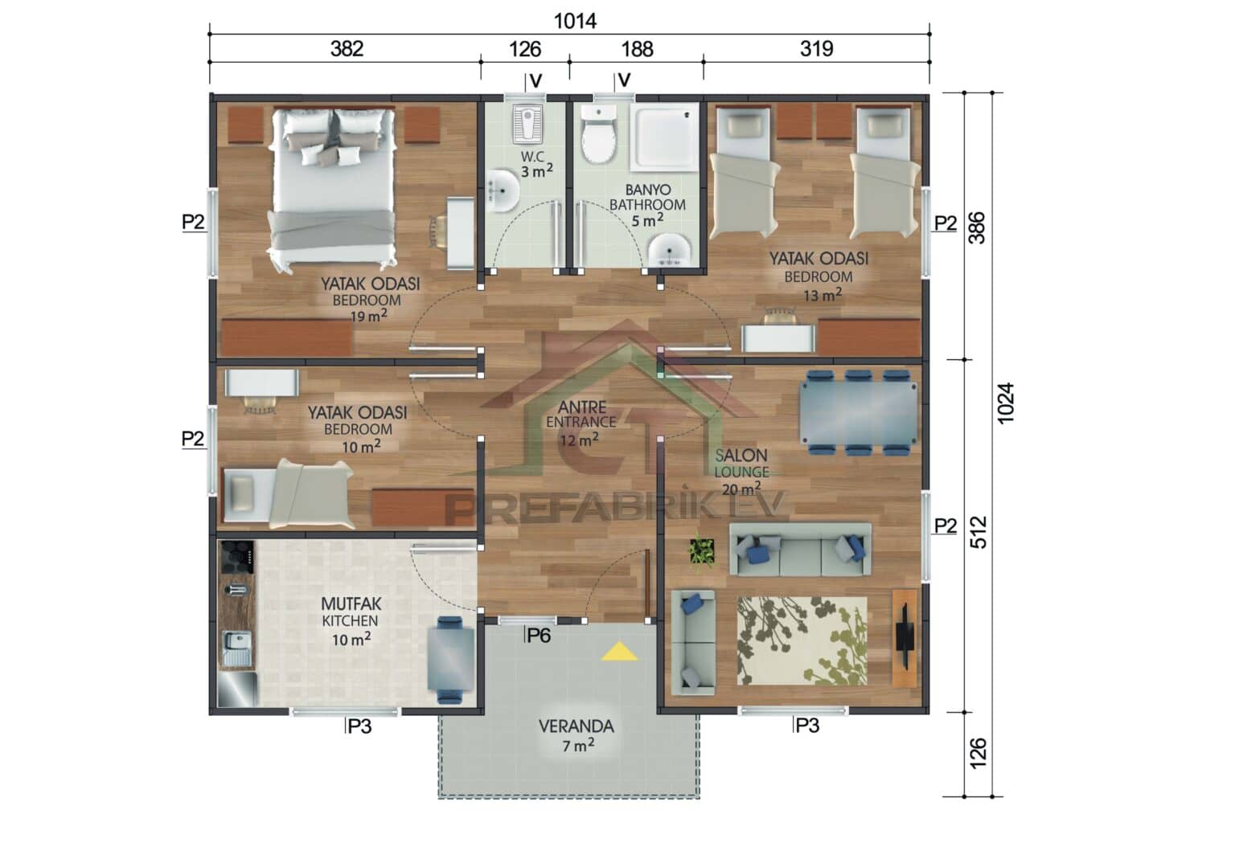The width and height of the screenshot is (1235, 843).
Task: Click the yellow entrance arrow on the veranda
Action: (x=619, y=651)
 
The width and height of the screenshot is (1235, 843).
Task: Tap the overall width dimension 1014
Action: (x=575, y=21)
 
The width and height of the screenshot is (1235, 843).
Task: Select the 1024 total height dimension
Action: (x=1006, y=403)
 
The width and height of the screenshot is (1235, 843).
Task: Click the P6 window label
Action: (x=538, y=636)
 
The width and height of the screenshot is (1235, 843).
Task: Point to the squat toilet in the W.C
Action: (x=527, y=123)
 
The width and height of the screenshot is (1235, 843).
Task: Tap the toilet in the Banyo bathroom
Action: (x=598, y=136)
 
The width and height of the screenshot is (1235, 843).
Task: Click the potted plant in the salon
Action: (x=702, y=552)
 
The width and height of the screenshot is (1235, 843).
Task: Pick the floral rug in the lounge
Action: (x=802, y=640)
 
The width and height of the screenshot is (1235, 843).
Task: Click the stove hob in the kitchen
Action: (x=237, y=555)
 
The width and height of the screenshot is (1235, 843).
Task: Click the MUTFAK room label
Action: (x=351, y=604)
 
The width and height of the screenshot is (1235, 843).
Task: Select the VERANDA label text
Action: (x=576, y=726)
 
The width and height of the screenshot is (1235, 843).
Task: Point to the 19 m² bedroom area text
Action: (x=368, y=316)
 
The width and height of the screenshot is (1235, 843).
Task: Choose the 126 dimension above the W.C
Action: (x=524, y=50)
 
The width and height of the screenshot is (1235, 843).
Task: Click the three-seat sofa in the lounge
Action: (x=800, y=550)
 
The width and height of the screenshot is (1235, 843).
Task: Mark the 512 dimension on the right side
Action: (x=978, y=532)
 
